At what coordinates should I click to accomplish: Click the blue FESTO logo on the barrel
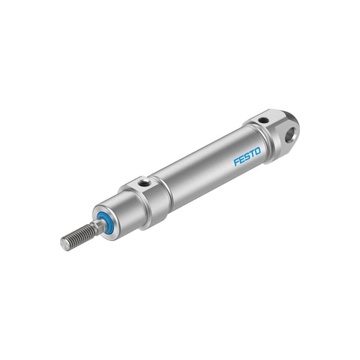click(247, 157)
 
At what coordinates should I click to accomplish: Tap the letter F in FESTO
click(236, 161)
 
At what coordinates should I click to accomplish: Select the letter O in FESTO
click(258, 151)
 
